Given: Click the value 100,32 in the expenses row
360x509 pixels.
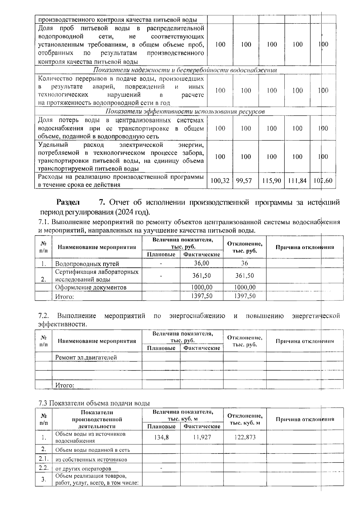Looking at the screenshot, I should pos(220,181).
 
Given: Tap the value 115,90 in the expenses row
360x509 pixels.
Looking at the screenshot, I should pos(271,181).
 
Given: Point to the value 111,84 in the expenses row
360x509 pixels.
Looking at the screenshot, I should pos(297,181).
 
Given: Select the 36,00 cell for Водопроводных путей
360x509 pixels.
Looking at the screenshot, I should pos(202,263).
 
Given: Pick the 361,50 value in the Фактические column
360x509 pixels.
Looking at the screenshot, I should pos(202,276).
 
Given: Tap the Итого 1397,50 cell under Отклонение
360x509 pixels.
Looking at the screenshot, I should pos(244,296).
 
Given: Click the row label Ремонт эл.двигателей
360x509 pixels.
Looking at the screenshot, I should pos(86,357).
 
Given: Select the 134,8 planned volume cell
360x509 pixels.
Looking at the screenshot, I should pos(161,437).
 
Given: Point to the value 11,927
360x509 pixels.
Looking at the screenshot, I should pos(202,437).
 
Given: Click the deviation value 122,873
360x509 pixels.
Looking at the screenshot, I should pos(244,437).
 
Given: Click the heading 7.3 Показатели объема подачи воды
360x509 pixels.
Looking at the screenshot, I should pos(94,403).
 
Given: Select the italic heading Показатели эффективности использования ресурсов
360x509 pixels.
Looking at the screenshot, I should pos(185,112).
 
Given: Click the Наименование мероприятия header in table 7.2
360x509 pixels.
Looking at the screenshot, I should pos(97,341).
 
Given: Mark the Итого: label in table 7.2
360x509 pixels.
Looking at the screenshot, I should pos(64,385).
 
